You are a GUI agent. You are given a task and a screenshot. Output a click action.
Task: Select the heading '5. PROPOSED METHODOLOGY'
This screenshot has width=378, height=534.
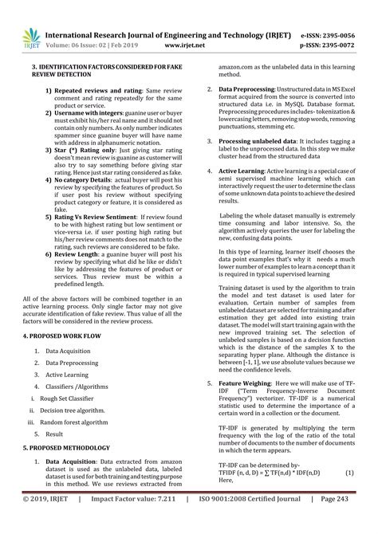pyautogui.click(x=65, y=449)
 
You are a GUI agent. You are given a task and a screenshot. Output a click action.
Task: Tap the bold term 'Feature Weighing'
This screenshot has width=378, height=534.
pyautogui.click(x=245, y=383)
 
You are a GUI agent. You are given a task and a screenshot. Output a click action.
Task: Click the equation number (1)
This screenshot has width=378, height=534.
pyautogui.click(x=348, y=472)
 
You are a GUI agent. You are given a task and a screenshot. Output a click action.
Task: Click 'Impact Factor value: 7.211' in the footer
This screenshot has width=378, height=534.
pyautogui.click(x=144, y=520)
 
